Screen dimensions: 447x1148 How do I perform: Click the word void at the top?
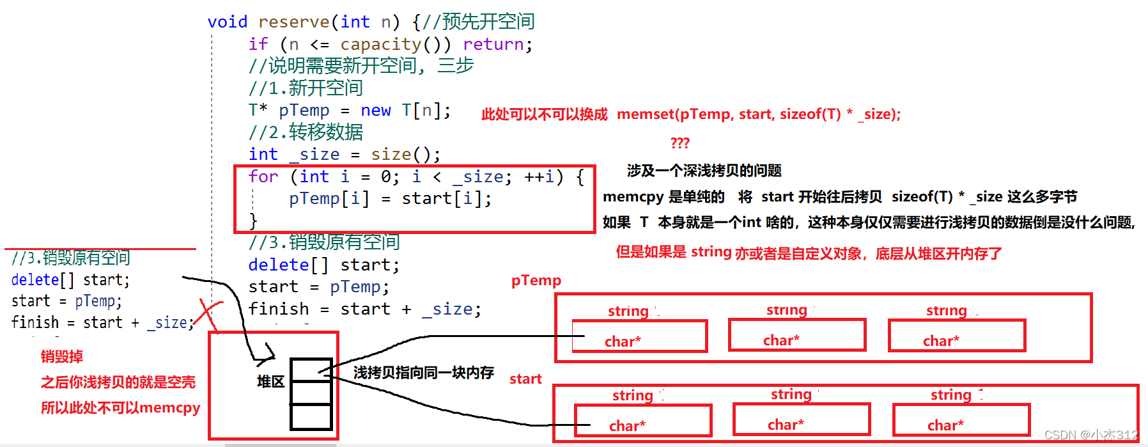pyautogui.click(x=227, y=22)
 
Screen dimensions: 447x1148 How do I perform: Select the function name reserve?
pyautogui.click(x=294, y=22)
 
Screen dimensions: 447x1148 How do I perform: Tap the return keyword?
pyautogui.click(x=493, y=44)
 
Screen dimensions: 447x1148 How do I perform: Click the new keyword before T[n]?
pyautogui.click(x=375, y=111)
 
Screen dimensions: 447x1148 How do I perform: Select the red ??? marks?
pyautogui.click(x=679, y=143)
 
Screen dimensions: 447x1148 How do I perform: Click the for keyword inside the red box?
pyautogui.click(x=263, y=176)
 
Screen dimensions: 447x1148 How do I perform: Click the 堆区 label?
pyautogui.click(x=270, y=382)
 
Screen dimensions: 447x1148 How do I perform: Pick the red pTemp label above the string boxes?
pyautogui.click(x=536, y=281)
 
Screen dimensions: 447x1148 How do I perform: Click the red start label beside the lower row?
pyautogui.click(x=525, y=379)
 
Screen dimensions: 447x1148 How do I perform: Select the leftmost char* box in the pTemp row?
pyautogui.click(x=639, y=336)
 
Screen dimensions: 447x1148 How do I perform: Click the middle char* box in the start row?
pyautogui.click(x=801, y=420)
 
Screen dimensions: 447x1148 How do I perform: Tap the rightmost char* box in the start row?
pyautogui.click(x=961, y=420)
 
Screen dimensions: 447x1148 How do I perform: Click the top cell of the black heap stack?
pyautogui.click(x=311, y=370)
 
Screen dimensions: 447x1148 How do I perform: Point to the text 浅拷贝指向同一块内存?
pyautogui.click(x=423, y=373)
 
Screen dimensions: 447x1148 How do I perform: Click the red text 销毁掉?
pyautogui.click(x=62, y=357)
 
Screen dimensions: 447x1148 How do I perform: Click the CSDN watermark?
pyautogui.click(x=1090, y=435)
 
